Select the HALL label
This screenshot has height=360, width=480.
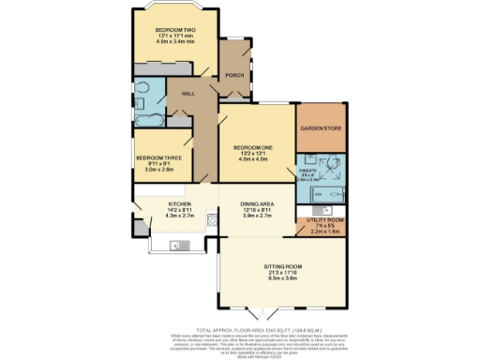[187, 93]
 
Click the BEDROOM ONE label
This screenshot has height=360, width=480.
[253, 147]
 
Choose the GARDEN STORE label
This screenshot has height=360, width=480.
[320, 127]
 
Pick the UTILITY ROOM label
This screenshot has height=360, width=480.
[321, 220]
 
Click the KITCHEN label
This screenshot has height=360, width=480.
[180, 203]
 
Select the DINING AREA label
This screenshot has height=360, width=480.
[256, 203]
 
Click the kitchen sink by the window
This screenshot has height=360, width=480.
[176, 245]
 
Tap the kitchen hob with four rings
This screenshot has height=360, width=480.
[213, 223]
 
